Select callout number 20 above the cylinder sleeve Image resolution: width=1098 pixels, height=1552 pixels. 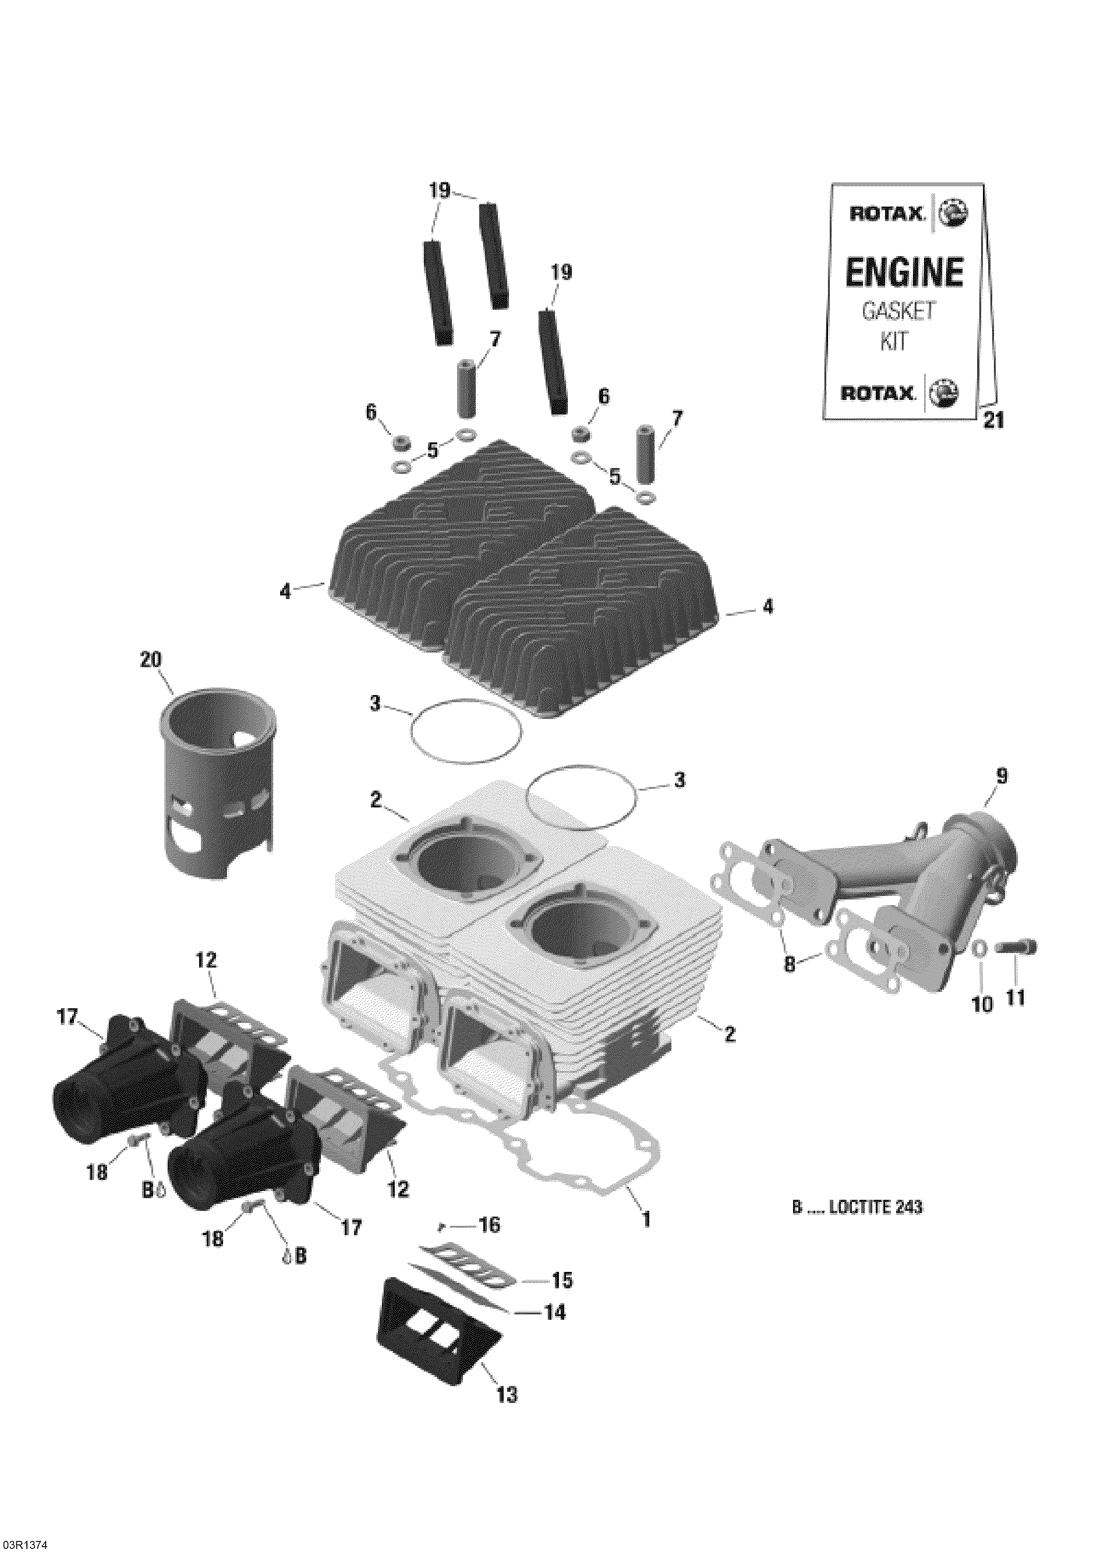point(151,659)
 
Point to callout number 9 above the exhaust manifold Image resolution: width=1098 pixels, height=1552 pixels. point(1002,777)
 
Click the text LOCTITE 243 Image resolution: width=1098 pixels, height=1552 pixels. point(875,1207)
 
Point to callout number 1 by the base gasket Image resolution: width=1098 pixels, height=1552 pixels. point(646,1219)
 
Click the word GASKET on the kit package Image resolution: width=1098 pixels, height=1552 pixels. point(898,311)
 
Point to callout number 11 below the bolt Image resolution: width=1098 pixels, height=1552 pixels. point(1016,997)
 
